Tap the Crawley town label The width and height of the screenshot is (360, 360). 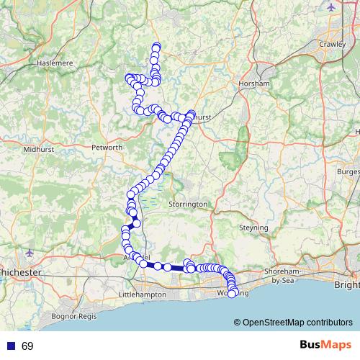[333, 44]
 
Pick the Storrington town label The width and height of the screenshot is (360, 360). [187, 204]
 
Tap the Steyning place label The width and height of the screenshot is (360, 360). [253, 228]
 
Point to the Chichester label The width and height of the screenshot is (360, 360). [21, 273]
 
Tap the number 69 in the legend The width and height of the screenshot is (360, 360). [27, 346]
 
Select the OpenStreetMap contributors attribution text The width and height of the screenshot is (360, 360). [297, 323]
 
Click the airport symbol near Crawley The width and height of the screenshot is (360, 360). [330, 8]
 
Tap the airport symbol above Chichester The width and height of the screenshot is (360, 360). [29, 253]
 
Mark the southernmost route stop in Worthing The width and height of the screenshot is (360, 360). [232, 293]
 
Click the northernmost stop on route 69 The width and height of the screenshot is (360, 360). [156, 48]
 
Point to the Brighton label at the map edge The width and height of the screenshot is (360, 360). [347, 285]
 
